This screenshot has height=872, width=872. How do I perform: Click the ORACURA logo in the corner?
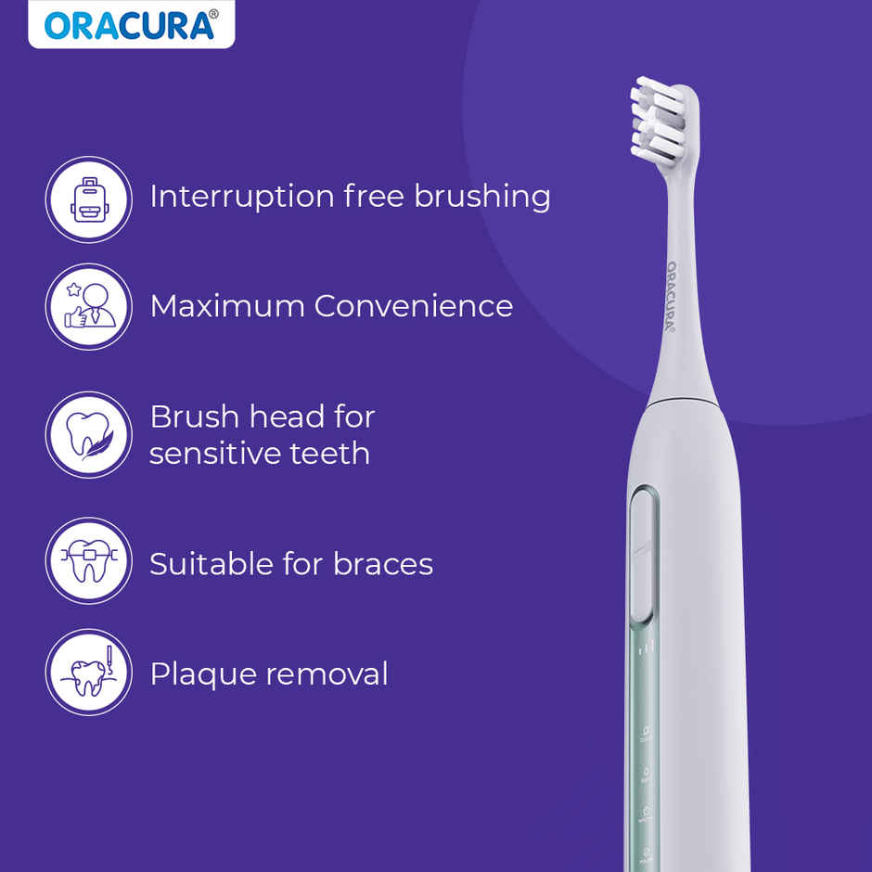tap(131, 25)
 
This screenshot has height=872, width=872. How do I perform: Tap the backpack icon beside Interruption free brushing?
tap(88, 199)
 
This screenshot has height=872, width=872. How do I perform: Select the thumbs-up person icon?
tap(88, 307)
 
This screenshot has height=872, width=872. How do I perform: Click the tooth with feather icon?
tap(88, 434)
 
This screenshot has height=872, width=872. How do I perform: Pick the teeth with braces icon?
tap(88, 561)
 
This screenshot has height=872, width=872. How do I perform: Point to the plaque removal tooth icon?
tap(88, 673)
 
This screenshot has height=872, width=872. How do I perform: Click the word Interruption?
tap(241, 197)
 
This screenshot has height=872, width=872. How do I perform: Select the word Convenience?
tap(413, 306)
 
